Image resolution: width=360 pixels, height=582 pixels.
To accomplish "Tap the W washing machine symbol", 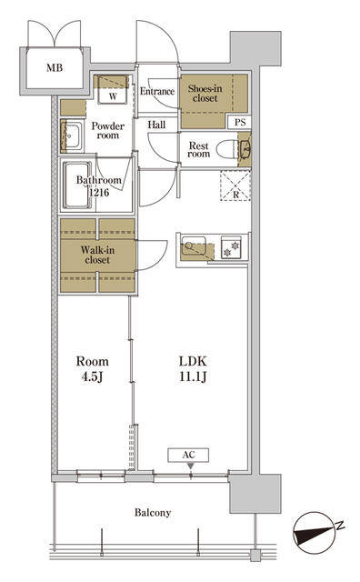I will pos(113,95).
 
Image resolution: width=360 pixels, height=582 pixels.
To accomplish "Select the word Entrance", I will pos(157,91).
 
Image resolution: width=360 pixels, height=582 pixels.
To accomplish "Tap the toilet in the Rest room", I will pos(242,149).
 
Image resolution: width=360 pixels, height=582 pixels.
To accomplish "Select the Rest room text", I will pos(199,148).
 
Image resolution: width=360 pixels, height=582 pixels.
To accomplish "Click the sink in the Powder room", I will pos(71,137).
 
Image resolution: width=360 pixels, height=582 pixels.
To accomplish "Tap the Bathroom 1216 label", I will pos(98,186).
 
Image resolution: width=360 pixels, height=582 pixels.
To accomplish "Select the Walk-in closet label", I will pos(96,254).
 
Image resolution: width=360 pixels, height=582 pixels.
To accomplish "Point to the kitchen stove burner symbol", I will pos(233,246).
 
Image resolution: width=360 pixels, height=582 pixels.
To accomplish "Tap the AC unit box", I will pos(190,456).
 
